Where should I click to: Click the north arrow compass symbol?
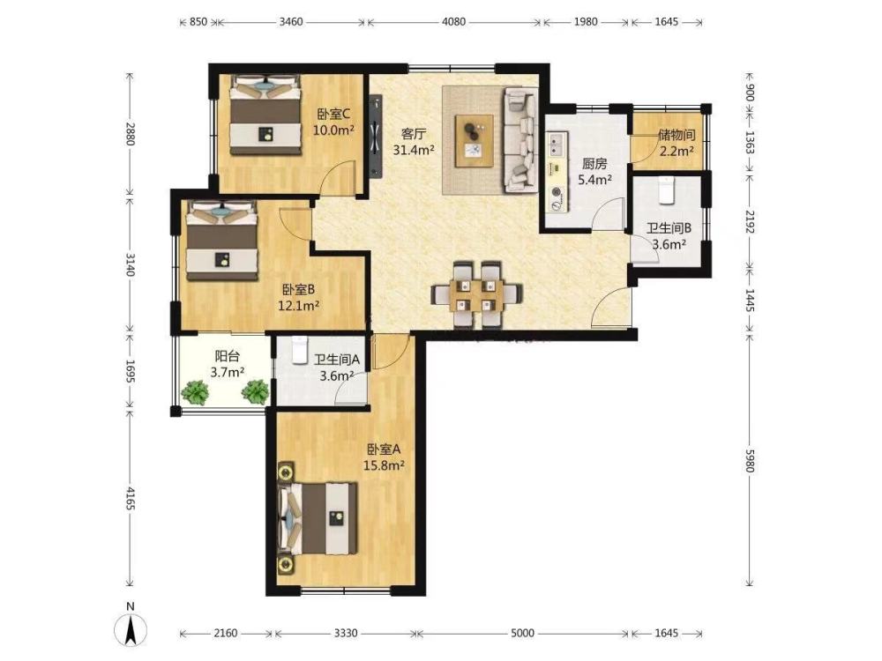tap(131, 628)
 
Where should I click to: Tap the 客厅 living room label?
tap(414, 134)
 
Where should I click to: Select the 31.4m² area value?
tap(414, 150)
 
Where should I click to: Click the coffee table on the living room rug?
tap(475, 140)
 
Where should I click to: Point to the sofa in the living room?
tap(519, 139)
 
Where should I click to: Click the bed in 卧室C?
tap(265, 115)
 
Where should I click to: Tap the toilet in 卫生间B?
tap(666, 190)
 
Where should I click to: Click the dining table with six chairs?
tap(476, 294)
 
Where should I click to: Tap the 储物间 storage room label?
tap(676, 135)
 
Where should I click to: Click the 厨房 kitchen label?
tap(594, 164)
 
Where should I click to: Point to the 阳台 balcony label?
tap(228, 356)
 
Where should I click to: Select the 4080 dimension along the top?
tap(454, 22)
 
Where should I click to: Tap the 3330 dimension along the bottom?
tap(346, 633)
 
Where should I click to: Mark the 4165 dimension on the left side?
tap(130, 499)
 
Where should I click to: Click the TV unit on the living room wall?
tap(375, 136)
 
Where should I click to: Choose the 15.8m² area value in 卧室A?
tap(385, 465)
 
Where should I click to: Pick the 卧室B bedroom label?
tap(298, 290)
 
